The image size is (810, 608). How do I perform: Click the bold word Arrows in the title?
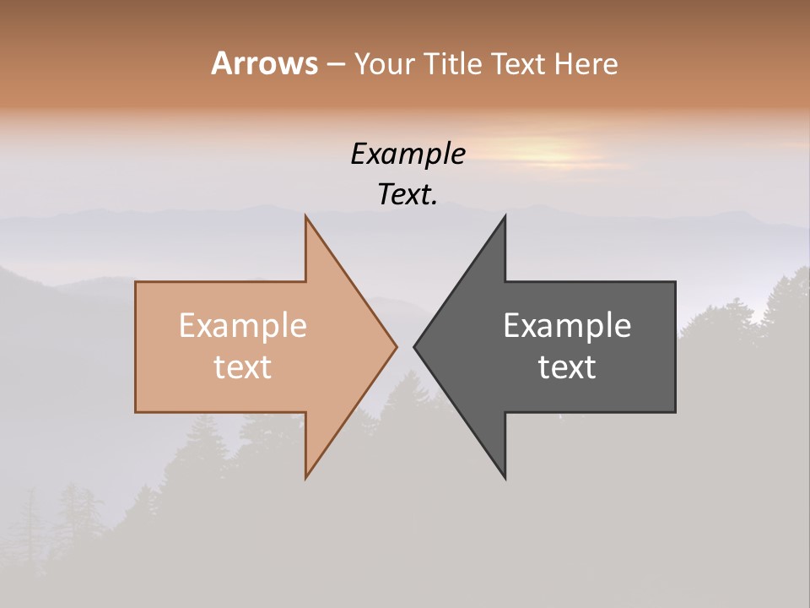pyautogui.click(x=265, y=63)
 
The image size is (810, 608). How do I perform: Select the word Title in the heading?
pyautogui.click(x=453, y=63)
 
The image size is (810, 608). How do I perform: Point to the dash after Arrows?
pyautogui.click(x=336, y=65)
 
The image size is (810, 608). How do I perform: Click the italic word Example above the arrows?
pyautogui.click(x=408, y=154)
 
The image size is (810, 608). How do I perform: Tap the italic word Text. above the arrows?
pyautogui.click(x=408, y=194)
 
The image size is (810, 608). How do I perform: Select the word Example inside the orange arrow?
pyautogui.click(x=243, y=325)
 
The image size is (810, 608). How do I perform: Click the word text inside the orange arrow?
pyautogui.click(x=243, y=366)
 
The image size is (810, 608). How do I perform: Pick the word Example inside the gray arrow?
pyautogui.click(x=567, y=325)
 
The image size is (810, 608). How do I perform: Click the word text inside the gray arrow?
pyautogui.click(x=567, y=366)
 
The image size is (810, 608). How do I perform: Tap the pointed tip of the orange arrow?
pyautogui.click(x=396, y=346)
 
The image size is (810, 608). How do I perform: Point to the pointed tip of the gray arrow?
pyautogui.click(x=414, y=346)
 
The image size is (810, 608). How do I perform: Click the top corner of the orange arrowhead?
pyautogui.click(x=306, y=216)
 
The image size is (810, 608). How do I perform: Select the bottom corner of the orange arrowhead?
pyautogui.click(x=306, y=477)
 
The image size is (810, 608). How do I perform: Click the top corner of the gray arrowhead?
pyautogui.click(x=505, y=216)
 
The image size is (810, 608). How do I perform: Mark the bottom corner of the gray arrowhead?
pyautogui.click(x=505, y=477)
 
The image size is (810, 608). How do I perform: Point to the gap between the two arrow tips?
pyautogui.click(x=405, y=346)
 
